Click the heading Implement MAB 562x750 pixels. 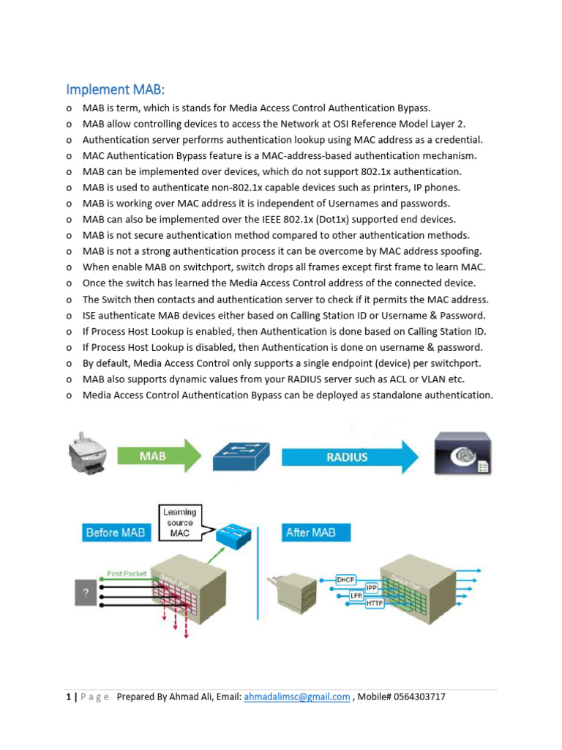[116, 89]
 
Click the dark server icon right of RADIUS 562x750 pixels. [462, 456]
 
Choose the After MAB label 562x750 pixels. [310, 532]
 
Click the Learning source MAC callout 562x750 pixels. [179, 522]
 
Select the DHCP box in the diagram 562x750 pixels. [346, 579]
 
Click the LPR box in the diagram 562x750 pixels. [356, 596]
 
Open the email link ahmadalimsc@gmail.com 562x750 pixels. [297, 697]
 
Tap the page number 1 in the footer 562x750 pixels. [67, 697]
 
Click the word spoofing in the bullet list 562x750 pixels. [461, 251]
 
